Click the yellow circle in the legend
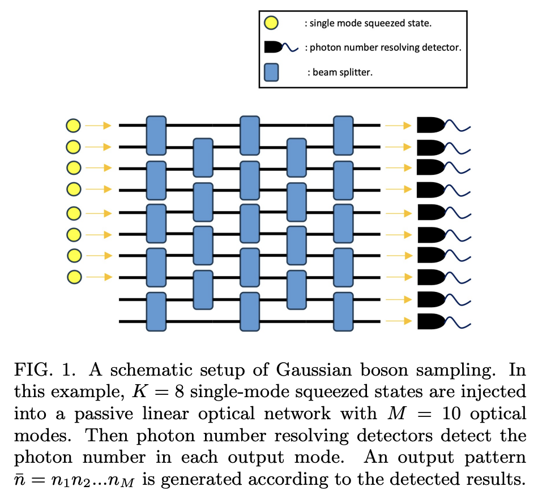(x=271, y=23)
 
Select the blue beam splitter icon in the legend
(x=271, y=72)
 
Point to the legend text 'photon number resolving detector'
(x=383, y=48)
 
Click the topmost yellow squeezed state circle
(x=74, y=125)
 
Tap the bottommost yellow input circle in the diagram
(x=74, y=277)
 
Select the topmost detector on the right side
(x=430, y=125)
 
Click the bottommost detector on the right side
(x=430, y=321)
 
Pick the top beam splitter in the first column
(x=156, y=136)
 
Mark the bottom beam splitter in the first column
(x=156, y=311)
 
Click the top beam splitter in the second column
(x=203, y=158)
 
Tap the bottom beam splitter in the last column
(x=343, y=311)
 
